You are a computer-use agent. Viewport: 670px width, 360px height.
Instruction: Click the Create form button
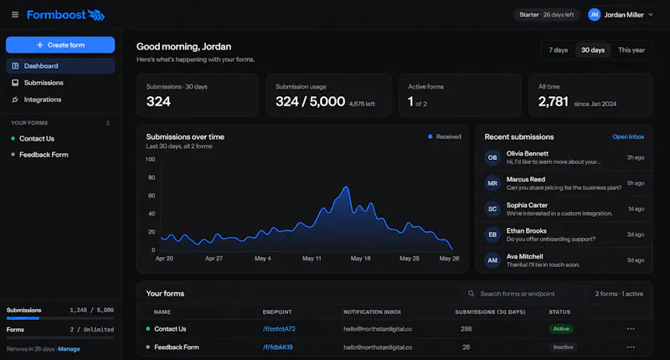pos(60,45)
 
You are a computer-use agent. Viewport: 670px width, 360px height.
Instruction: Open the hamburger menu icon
pos(15,15)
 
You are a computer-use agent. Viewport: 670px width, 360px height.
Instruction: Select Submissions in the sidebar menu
pos(44,82)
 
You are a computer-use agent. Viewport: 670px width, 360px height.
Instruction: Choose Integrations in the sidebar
pos(43,100)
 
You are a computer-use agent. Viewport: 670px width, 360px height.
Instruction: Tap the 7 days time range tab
pos(558,50)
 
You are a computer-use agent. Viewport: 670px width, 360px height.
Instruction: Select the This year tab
pos(631,50)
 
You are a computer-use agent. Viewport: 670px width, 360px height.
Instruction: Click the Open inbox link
pos(628,136)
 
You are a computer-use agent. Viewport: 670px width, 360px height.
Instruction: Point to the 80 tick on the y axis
pos(152,177)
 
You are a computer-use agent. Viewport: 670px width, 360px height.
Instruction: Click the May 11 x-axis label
pos(312,259)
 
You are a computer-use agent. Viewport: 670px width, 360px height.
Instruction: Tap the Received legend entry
pos(445,136)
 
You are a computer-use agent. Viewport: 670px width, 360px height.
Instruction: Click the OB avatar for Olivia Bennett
pos(492,157)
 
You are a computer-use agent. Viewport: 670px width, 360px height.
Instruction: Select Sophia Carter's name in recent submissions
pos(527,205)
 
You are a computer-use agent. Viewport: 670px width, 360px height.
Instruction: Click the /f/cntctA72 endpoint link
pos(279,329)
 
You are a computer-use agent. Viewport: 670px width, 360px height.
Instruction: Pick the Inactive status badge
pos(563,347)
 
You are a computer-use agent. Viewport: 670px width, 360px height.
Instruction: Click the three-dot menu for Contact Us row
pos(631,329)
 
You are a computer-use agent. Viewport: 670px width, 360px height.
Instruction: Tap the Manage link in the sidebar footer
pos(69,349)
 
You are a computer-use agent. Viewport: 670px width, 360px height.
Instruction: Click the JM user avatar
pos(594,15)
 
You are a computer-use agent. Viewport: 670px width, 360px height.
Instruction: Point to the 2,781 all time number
pos(554,101)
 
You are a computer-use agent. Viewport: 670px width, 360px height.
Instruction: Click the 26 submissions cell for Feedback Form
pos(466,347)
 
